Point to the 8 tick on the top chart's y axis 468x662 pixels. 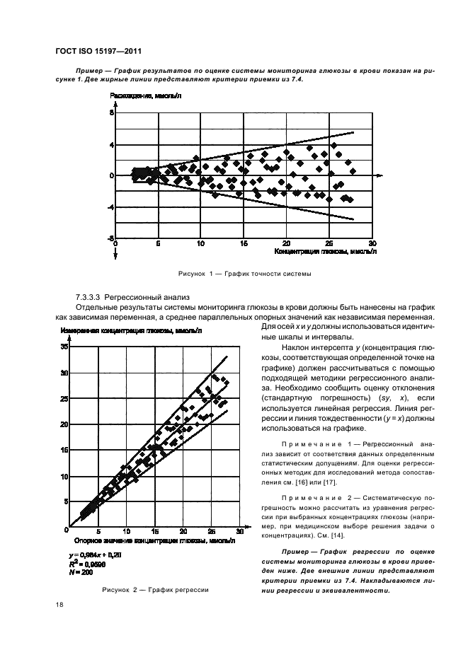click(111, 113)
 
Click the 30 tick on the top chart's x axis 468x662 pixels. click(372, 243)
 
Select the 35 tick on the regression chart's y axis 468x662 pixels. click(65, 347)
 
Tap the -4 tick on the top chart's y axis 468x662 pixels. click(110, 207)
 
